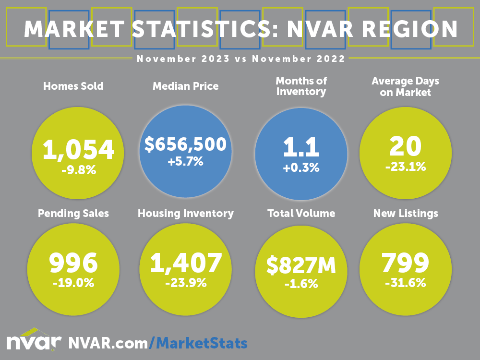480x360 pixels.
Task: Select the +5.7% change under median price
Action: click(185, 162)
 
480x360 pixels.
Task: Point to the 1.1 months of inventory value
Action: click(300, 147)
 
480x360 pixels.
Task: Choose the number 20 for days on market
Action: click(406, 146)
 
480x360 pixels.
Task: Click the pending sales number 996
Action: click(73, 263)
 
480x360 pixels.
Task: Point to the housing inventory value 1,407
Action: click(186, 263)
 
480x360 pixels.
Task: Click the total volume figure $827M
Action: click(301, 265)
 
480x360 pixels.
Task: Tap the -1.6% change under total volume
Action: click(301, 284)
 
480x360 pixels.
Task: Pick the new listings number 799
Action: click(406, 263)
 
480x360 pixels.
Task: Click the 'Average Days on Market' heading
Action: click(406, 87)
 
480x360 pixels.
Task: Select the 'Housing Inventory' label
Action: click(186, 213)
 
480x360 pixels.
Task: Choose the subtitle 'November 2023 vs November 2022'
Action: click(240, 59)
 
